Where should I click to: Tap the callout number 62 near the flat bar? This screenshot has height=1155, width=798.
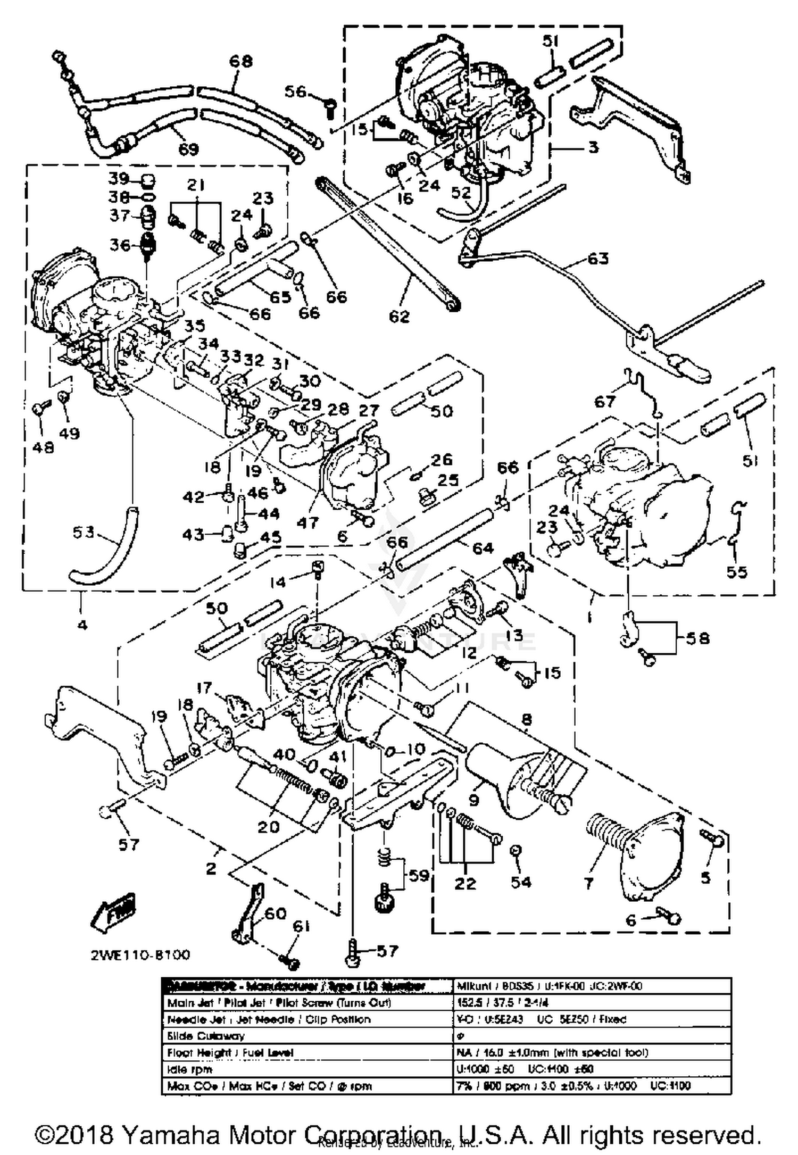[x=400, y=316]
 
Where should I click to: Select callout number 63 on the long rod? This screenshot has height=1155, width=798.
[x=598, y=259]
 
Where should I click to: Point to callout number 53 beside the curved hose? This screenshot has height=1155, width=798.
[x=84, y=531]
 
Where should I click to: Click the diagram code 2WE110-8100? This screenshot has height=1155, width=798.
[x=140, y=954]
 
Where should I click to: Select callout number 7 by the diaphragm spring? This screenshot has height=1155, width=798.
[x=588, y=884]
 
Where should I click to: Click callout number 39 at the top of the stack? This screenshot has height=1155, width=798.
[x=120, y=178]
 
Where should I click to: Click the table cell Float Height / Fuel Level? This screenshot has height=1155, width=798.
[x=230, y=1052]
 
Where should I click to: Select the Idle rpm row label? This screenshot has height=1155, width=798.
[x=189, y=1069]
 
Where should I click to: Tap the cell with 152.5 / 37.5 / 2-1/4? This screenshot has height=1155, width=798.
[x=502, y=1002]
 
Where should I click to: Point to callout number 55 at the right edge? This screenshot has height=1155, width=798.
[x=737, y=572]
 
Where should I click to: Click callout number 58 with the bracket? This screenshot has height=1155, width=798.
[x=697, y=638]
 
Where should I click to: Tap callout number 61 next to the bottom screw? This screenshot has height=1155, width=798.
[x=301, y=942]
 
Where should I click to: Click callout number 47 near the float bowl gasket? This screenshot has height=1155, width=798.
[x=307, y=522]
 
